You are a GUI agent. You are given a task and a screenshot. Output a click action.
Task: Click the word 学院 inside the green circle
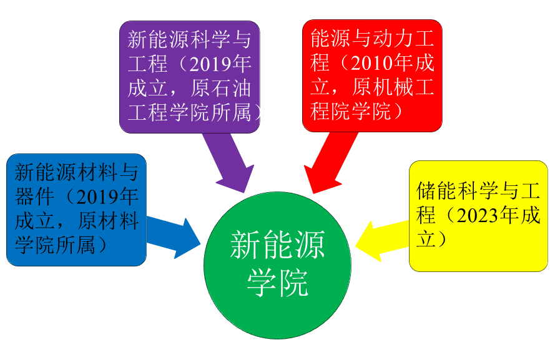click(277, 285)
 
